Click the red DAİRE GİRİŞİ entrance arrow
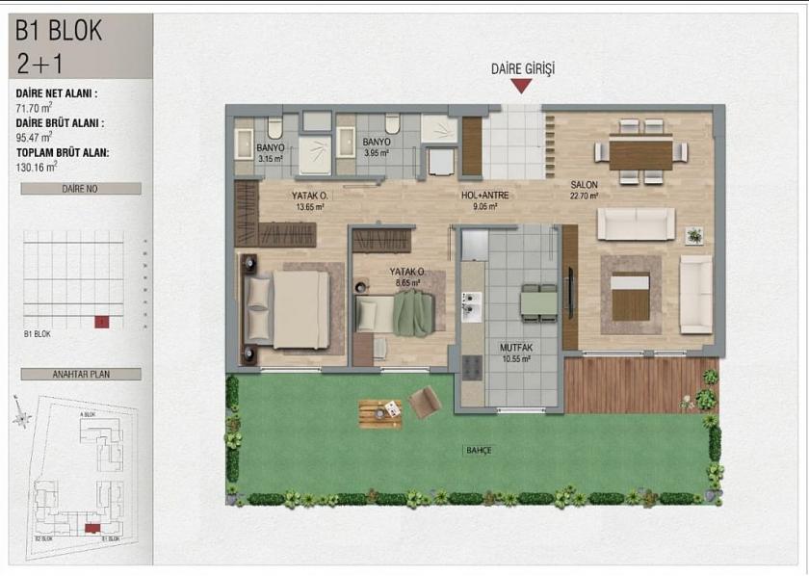[x=521, y=86]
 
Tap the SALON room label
[x=585, y=185]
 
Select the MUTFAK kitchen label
[x=516, y=348]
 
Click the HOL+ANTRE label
[x=484, y=195]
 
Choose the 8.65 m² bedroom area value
[x=407, y=283]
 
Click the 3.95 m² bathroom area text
[x=377, y=152]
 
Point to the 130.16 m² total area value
[x=39, y=166]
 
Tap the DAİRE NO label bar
[x=81, y=189]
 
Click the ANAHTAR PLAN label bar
[x=81, y=374]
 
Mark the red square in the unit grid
[x=99, y=322]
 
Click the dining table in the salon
[x=640, y=152]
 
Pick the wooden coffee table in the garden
[x=380, y=413]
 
